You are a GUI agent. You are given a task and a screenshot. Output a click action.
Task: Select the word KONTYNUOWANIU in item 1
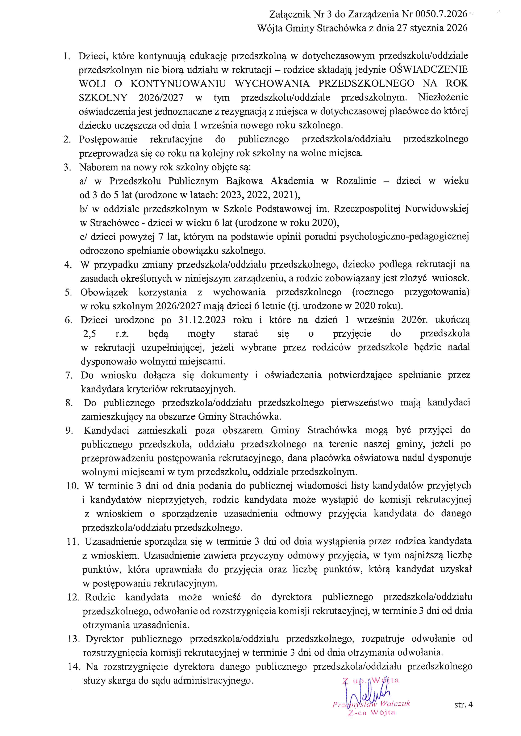(x=178, y=84)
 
